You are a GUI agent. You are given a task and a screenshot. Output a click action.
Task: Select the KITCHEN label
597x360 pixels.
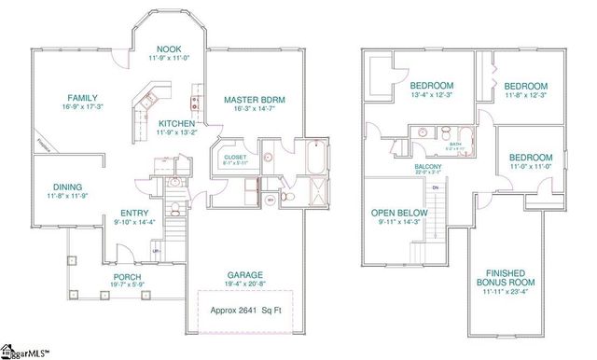tap(176, 123)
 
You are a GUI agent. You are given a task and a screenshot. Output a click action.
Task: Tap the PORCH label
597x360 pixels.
tap(128, 277)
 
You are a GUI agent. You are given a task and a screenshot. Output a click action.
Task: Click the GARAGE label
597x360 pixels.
tap(247, 275)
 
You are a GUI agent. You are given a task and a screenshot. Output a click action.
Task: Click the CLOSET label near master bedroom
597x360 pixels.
tap(235, 156)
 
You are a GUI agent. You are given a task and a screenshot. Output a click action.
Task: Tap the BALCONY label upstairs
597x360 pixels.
tap(428, 167)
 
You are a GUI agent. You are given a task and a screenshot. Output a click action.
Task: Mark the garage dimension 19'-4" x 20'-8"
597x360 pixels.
tap(247, 285)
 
